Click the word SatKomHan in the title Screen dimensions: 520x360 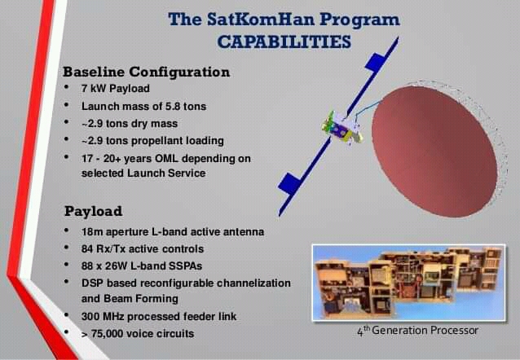(261, 19)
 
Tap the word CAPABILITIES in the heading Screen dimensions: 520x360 (284, 42)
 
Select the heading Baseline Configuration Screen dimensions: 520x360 (146, 72)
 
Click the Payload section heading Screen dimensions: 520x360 (93, 211)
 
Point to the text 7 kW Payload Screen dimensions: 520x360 (116, 89)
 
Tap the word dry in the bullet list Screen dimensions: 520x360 (138, 124)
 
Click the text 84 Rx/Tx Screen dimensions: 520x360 (104, 249)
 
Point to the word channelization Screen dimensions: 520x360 (253, 283)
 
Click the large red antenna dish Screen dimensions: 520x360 (434, 151)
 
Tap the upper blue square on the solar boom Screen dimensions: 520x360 (375, 63)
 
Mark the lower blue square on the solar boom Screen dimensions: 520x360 (289, 183)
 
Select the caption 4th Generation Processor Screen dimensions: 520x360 (417, 331)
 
